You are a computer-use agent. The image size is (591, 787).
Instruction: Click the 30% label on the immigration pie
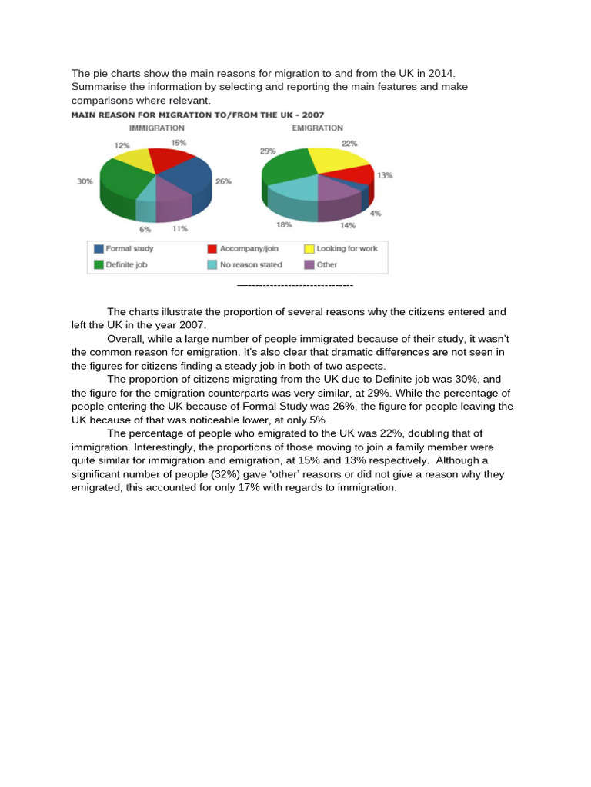[x=85, y=181]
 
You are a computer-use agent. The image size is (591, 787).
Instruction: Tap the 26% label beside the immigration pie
[x=224, y=181]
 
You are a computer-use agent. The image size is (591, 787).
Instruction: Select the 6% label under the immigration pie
[x=145, y=228]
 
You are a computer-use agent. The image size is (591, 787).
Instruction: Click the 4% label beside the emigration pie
[x=376, y=213]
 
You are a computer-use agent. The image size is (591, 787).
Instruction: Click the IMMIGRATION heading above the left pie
[x=156, y=128]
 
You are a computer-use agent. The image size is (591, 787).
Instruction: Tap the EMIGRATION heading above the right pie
[x=318, y=128]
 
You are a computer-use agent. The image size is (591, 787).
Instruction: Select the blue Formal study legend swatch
[x=98, y=249]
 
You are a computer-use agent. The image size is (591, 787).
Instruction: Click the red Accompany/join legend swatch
[x=211, y=249]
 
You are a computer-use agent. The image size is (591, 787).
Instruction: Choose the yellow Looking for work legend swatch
[x=309, y=249]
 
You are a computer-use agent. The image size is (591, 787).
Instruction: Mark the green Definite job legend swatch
[x=98, y=264]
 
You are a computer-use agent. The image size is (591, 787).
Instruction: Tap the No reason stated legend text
[x=251, y=264]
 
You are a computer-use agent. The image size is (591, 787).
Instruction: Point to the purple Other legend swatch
[x=309, y=264]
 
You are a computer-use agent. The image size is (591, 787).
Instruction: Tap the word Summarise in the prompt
[x=98, y=87]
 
